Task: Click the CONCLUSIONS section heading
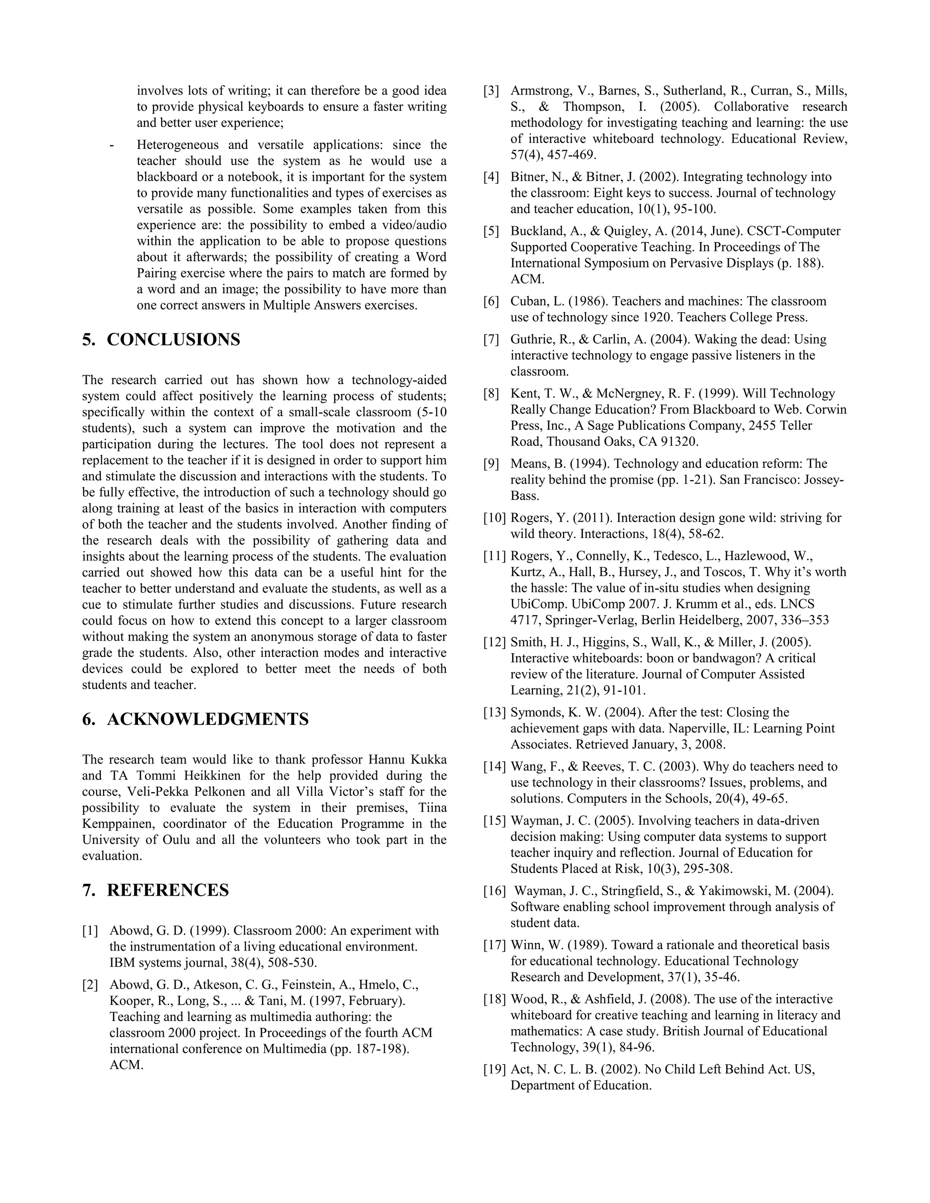(x=173, y=340)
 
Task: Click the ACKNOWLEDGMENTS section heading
(x=207, y=720)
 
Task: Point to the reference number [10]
(x=494, y=518)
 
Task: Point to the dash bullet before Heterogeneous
(x=113, y=145)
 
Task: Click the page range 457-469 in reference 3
(x=562, y=155)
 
